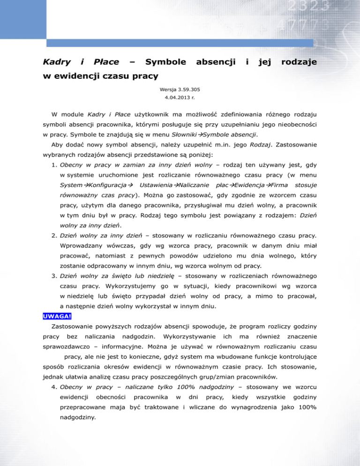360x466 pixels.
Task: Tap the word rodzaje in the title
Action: [x=300, y=62]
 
